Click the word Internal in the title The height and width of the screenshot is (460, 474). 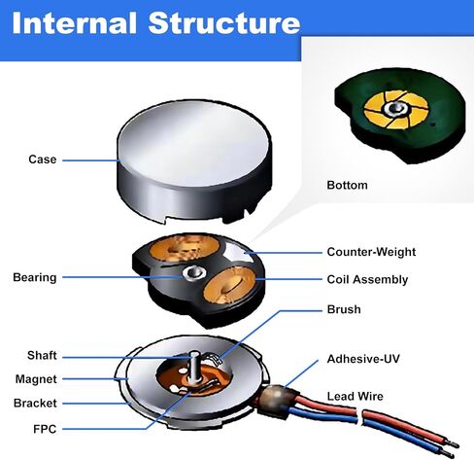(x=74, y=23)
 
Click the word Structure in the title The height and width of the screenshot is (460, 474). (x=224, y=23)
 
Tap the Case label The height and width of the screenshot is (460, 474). (x=43, y=159)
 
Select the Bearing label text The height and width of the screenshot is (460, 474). (x=35, y=278)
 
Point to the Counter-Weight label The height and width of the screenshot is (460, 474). (x=371, y=252)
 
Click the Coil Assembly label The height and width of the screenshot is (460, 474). (x=367, y=279)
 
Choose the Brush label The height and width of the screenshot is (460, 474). (x=344, y=309)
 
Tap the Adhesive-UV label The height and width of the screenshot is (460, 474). (x=363, y=359)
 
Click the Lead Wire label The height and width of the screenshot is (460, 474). (x=355, y=396)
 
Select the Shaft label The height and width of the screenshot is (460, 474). (x=42, y=355)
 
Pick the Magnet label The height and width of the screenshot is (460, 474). (x=36, y=379)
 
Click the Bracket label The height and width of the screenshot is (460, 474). (x=35, y=404)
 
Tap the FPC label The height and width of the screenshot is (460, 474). (x=45, y=429)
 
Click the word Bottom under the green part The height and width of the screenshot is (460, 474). (x=347, y=185)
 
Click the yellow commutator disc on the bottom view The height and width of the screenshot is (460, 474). (x=396, y=110)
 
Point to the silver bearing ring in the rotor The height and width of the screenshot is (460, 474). (x=193, y=273)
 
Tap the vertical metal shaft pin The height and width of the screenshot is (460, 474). (x=194, y=367)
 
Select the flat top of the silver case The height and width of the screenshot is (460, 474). (x=194, y=143)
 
